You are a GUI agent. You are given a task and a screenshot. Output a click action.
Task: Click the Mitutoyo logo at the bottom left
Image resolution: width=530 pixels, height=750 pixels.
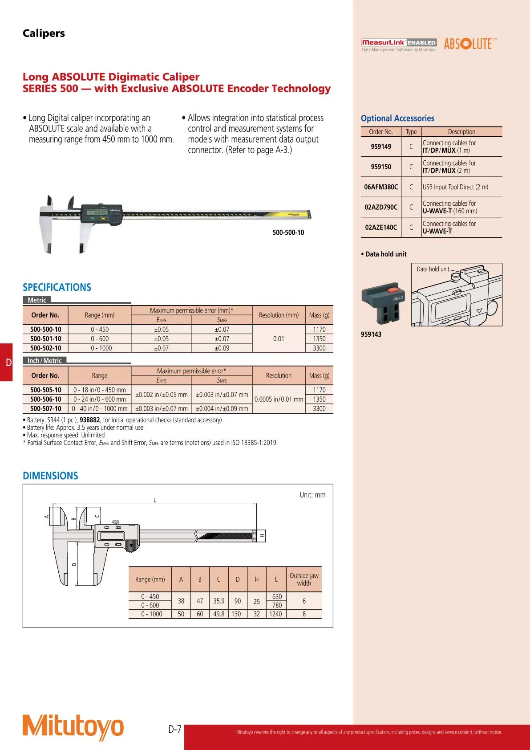coord(73,727)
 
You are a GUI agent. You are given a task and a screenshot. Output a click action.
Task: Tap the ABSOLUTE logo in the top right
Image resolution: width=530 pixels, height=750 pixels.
coord(470,44)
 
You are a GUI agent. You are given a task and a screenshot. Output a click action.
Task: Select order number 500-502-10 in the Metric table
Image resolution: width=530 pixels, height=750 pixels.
coord(46,348)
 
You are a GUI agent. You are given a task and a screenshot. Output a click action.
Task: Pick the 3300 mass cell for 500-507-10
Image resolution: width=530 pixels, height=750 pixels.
coord(319,408)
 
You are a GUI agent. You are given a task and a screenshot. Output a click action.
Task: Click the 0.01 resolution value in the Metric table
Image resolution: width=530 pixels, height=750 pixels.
coord(279,338)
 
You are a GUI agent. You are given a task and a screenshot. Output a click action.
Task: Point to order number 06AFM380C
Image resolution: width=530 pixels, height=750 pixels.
coord(381,187)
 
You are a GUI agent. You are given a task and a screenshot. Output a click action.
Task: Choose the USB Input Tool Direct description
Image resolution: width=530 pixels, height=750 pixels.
coord(455,187)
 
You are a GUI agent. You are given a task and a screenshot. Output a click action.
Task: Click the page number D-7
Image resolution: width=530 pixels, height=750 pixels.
coord(175,729)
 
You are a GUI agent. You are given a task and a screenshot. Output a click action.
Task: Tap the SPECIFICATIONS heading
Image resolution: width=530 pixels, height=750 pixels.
coord(57,287)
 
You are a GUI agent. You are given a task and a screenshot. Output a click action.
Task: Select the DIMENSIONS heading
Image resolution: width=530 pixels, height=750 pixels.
coord(50,476)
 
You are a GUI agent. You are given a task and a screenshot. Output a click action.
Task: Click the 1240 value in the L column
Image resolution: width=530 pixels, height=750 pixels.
coord(276,614)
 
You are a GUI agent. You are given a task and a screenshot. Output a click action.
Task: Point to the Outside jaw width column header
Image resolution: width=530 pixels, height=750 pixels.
coord(304,579)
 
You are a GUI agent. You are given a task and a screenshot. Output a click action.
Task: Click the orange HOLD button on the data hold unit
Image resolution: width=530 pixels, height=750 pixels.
coord(393,290)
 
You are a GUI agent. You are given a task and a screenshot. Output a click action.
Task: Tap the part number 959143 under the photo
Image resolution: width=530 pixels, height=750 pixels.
coord(371,334)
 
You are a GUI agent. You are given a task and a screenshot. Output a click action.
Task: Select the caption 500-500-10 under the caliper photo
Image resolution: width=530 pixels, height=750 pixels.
coord(288,232)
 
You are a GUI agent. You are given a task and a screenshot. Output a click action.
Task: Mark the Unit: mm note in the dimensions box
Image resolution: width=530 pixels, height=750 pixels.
coord(312,495)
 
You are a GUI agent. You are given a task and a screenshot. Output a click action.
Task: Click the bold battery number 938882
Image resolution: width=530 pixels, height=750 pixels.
coord(89,420)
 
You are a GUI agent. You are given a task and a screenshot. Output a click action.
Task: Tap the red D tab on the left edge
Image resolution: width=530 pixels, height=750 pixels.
coord(7,362)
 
